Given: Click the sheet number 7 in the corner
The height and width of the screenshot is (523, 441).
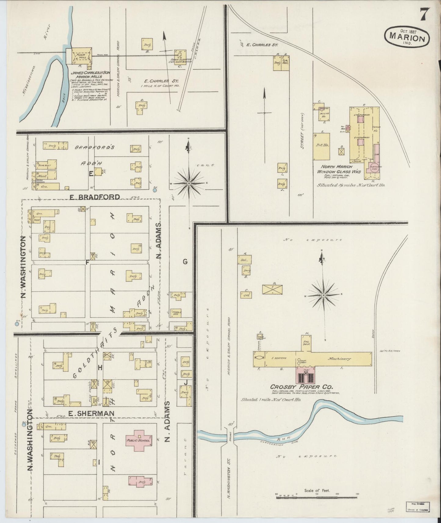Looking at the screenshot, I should tap(424, 14).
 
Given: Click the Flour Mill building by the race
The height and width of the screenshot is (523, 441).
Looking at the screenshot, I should tap(82, 56).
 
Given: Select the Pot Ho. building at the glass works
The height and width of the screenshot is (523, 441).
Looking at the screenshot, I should tap(321, 146).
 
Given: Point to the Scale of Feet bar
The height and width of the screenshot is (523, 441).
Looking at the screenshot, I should tap(317, 497).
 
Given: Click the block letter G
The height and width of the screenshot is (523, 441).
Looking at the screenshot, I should tap(185, 261).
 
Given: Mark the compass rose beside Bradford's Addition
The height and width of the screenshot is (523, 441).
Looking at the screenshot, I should tap(189, 183).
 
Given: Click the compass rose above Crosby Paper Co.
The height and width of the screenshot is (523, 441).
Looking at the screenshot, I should tap(323, 295).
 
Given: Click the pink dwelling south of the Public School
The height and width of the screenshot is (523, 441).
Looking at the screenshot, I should tap(140, 482).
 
